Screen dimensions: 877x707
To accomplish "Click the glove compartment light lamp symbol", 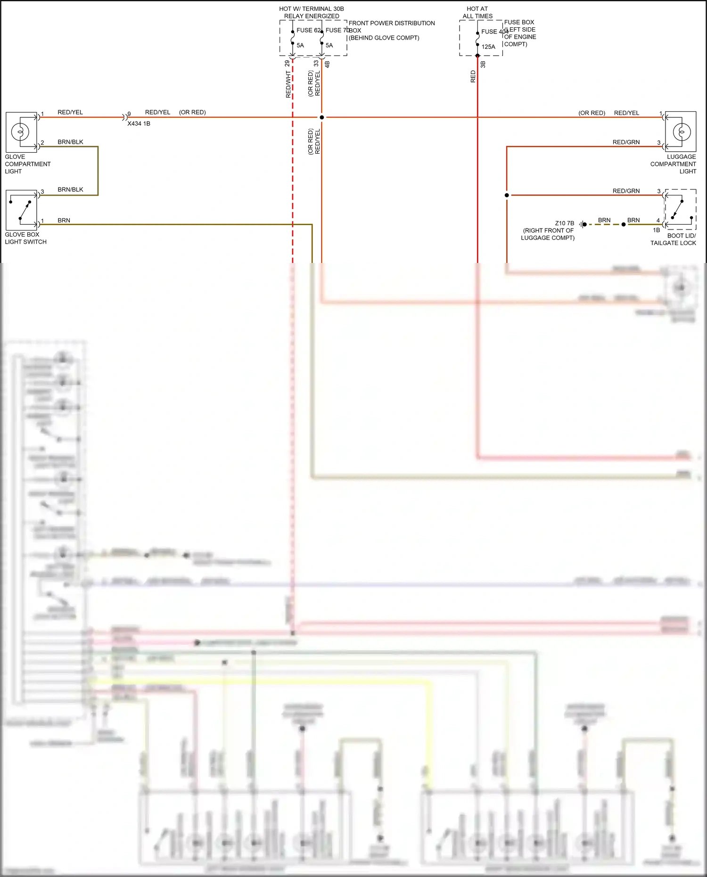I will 21,132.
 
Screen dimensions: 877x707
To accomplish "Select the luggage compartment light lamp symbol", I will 681,132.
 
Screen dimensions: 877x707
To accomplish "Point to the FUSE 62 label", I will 308,30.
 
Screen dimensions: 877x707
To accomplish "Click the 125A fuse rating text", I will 488,47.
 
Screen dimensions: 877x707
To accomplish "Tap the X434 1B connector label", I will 139,123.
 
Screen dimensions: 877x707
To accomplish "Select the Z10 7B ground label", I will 564,223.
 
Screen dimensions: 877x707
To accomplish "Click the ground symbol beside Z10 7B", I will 583,224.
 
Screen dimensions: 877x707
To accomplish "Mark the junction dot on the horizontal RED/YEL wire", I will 322,117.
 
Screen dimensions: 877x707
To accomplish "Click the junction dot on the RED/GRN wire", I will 507,195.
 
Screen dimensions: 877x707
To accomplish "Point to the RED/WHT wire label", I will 288,85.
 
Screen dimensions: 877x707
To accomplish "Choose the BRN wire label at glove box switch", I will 64,220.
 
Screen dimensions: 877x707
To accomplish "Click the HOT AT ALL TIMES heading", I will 477,12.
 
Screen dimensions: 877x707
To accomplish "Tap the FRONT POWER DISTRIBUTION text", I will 391,23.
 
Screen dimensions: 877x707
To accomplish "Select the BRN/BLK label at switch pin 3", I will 70,189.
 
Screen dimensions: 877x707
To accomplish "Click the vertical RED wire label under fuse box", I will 473,77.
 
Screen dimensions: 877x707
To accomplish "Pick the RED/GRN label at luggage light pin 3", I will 626,142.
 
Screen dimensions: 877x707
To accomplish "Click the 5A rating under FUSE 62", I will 300,45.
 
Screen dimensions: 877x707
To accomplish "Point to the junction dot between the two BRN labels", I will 624,224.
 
